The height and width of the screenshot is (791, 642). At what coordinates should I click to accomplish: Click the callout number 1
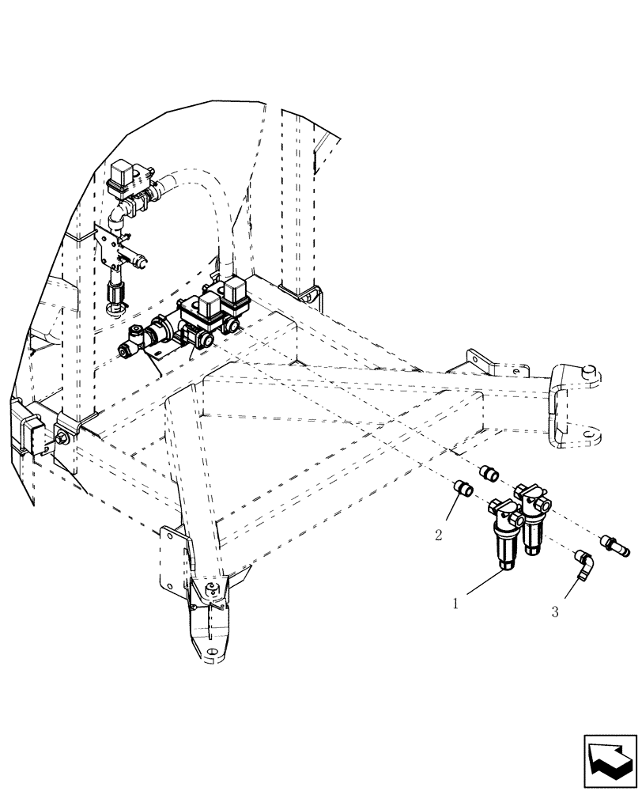[456, 604]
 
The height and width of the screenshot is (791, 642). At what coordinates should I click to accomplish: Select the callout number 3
[555, 611]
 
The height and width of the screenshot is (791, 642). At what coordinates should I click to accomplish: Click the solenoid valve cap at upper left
[123, 172]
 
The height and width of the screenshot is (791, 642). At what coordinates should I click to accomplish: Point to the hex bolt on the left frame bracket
[60, 439]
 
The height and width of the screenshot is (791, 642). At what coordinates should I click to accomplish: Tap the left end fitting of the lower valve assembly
[127, 349]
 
